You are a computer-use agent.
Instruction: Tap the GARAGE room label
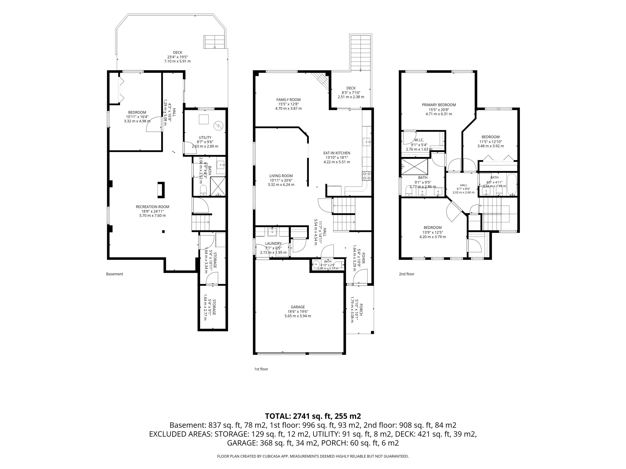pyautogui.click(x=298, y=307)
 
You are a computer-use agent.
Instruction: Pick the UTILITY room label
pyautogui.click(x=205, y=138)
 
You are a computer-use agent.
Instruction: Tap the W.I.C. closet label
pyautogui.click(x=419, y=140)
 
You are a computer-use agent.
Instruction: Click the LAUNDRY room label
pyautogui.click(x=273, y=244)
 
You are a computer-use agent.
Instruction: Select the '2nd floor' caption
pyautogui.click(x=407, y=274)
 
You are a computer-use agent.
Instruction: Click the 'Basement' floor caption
pyautogui.click(x=115, y=274)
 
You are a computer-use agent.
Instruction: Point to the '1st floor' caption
pyautogui.click(x=261, y=369)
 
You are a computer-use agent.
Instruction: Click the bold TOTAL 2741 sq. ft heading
pyautogui.click(x=313, y=416)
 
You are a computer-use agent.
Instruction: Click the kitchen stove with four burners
pyautogui.click(x=366, y=176)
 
